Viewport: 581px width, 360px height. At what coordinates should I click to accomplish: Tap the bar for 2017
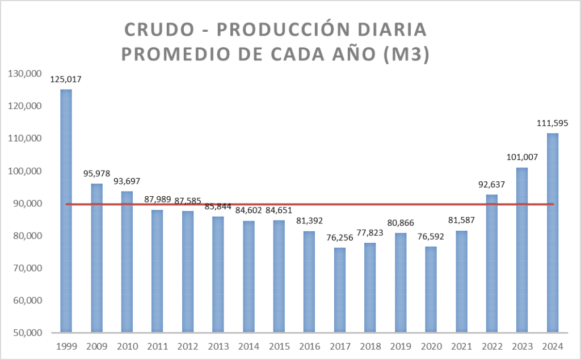pyautogui.click(x=339, y=290)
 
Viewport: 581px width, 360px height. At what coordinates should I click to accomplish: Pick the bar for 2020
pyautogui.click(x=431, y=289)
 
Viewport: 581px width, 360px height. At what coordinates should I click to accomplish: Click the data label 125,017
pyautogui.click(x=66, y=79)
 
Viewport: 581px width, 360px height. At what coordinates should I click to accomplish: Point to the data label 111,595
pyautogui.click(x=552, y=123)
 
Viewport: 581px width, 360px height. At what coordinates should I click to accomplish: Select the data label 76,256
pyautogui.click(x=339, y=238)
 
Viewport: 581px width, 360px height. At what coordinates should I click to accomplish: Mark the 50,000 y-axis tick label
pyautogui.click(x=23, y=333)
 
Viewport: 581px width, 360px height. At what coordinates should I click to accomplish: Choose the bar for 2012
pyautogui.click(x=187, y=272)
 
